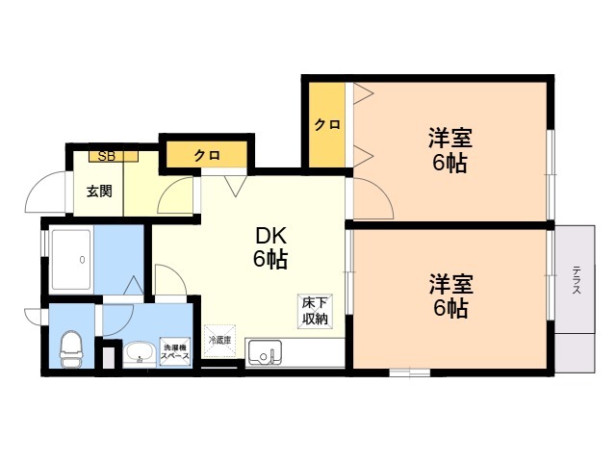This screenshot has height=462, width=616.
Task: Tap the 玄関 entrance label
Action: [99, 191]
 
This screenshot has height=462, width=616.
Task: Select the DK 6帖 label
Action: [270, 247]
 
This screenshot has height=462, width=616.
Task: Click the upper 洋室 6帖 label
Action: [449, 150]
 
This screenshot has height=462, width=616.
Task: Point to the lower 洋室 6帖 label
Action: [449, 296]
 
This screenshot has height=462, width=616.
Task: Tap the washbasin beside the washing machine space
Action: [140, 353]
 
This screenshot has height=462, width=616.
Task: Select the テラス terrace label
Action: [576, 281]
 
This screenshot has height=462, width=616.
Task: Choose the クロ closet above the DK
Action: [206, 155]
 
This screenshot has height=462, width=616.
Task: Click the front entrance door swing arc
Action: [44, 192]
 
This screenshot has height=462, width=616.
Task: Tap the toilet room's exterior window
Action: [43, 315]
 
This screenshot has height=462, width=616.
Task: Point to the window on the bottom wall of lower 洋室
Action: [409, 372]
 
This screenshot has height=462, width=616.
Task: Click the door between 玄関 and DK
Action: [174, 196]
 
